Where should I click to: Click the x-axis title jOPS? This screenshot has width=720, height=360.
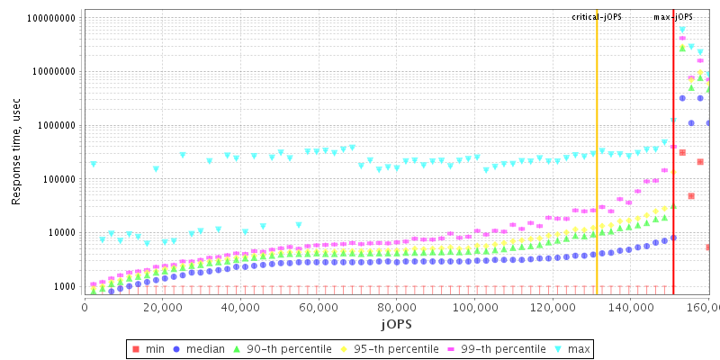point(396,322)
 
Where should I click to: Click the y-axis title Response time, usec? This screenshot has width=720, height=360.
point(17,152)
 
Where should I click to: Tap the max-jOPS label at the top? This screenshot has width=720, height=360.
point(673,17)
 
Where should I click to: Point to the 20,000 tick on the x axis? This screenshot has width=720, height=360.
point(161,306)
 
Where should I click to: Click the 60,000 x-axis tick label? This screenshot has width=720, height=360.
point(318,306)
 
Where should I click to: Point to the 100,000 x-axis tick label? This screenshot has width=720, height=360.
point(474,306)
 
